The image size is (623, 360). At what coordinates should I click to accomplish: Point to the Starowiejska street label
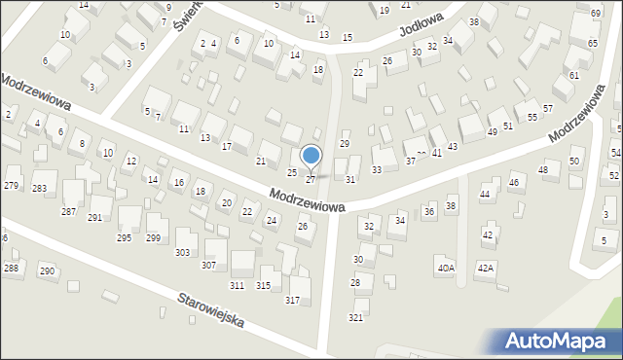coord(211,309)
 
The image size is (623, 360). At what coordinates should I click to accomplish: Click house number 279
coord(12,186)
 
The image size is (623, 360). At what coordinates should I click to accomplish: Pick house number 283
coord(39,189)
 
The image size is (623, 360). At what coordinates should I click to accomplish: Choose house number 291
coord(94,218)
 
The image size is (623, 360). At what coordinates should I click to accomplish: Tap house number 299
coord(153,238)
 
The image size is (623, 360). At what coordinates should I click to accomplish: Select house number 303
coord(182,253)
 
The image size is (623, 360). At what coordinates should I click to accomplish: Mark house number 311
coord(237,285)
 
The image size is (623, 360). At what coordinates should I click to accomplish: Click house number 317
coord(292,300)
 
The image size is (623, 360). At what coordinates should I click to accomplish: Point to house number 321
coord(356,318)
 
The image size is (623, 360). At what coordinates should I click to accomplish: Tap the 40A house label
coord(446,268)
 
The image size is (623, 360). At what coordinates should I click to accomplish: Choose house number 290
coord(47,270)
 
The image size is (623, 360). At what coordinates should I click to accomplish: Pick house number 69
coord(595,14)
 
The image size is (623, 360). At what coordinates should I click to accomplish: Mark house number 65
coord(592,44)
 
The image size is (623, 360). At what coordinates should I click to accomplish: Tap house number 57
coord(548,107)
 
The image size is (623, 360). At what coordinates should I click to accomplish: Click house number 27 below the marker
coord(311,180)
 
